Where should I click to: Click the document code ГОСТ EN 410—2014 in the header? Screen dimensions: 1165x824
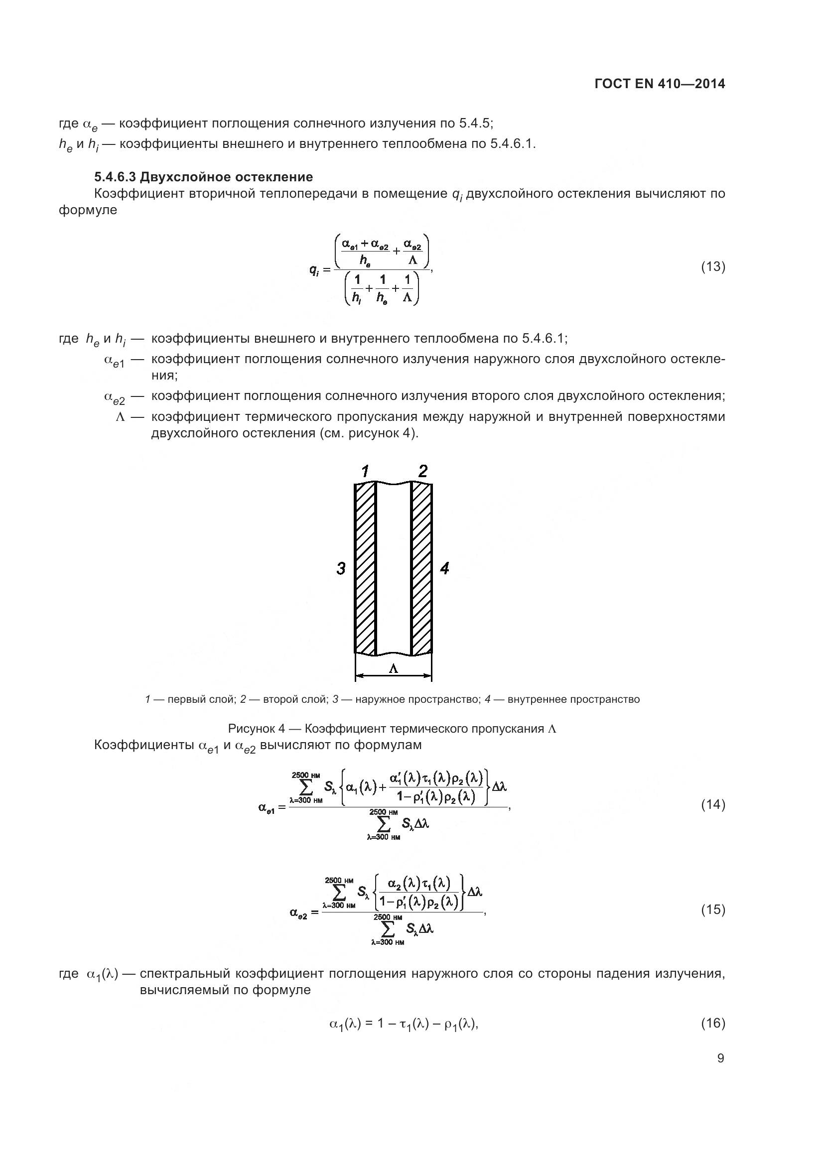tap(659, 84)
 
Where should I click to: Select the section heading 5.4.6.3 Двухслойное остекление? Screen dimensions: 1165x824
tap(203, 177)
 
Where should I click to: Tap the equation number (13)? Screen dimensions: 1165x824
tap(713, 266)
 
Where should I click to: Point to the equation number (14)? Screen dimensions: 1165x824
tap(713, 805)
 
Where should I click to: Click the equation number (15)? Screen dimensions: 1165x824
tap(713, 910)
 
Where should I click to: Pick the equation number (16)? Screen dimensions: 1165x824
tap(713, 1023)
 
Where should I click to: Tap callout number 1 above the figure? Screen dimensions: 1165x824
tap(365, 472)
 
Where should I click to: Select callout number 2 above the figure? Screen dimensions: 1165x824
tap(422, 471)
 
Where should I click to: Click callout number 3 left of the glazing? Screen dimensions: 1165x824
tap(341, 568)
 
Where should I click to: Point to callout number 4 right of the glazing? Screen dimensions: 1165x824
tap(444, 568)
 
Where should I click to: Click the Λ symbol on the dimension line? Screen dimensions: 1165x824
tap(393, 669)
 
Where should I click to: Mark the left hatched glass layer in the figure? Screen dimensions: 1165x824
tap(365, 568)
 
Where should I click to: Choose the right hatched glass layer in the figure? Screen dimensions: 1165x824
tap(421, 568)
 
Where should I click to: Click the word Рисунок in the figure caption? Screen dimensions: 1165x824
tap(252, 729)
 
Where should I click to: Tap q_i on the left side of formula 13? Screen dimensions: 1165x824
tap(314, 269)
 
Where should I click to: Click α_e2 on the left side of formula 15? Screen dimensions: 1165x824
tap(298, 913)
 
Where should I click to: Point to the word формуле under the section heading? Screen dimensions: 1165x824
tap(88, 210)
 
